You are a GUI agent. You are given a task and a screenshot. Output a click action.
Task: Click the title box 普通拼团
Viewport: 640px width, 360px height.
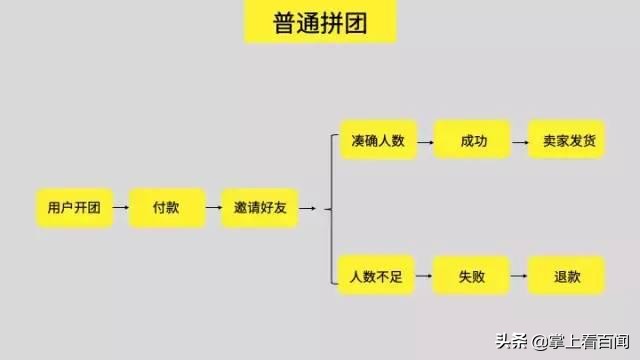pyautogui.click(x=320, y=21)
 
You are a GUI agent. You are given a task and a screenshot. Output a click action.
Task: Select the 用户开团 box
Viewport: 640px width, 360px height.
pyautogui.click(x=74, y=208)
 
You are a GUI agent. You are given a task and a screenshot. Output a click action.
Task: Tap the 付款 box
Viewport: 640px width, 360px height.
pyautogui.click(x=166, y=208)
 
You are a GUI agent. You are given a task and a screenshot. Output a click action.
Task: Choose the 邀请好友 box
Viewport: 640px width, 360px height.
pyautogui.click(x=259, y=208)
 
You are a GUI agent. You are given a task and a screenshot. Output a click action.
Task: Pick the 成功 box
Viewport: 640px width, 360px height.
pyautogui.click(x=473, y=141)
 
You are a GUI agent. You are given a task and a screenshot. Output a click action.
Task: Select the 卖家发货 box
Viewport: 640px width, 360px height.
pyautogui.click(x=567, y=141)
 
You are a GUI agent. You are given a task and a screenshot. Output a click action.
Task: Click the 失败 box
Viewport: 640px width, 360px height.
pyautogui.click(x=471, y=274)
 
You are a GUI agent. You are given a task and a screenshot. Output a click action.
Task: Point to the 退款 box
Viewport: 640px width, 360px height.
pyautogui.click(x=566, y=274)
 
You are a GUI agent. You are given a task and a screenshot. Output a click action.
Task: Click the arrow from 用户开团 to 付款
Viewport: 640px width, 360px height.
pyautogui.click(x=120, y=208)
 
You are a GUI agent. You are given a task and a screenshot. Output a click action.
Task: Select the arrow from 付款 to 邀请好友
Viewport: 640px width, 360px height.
pyautogui.click(x=213, y=208)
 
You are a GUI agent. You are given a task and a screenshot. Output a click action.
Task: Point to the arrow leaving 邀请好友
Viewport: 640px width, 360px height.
pyautogui.click(x=307, y=208)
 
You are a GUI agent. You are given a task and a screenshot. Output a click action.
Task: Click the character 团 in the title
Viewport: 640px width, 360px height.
pyautogui.click(x=354, y=21)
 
